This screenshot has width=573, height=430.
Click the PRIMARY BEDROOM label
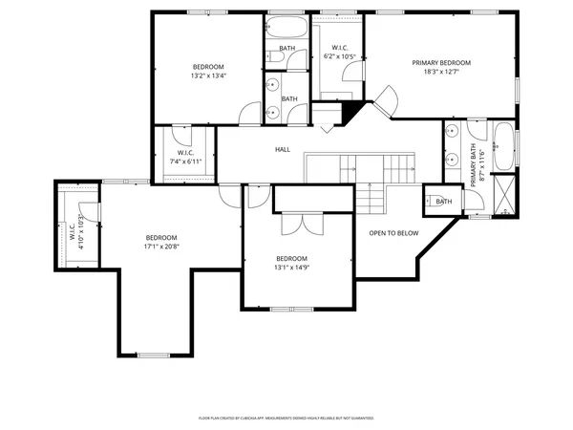tap(441, 63)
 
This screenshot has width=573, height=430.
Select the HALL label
tap(283, 150)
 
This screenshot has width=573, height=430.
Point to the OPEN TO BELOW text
tap(393, 232)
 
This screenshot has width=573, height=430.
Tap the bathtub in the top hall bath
tap(287, 28)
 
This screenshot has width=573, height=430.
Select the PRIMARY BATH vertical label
tap(472, 164)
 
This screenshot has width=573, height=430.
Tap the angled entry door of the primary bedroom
tap(387, 100)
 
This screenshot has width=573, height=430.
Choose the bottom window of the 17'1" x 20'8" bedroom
tap(155, 355)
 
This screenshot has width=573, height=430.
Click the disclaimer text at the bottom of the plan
tap(286, 418)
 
